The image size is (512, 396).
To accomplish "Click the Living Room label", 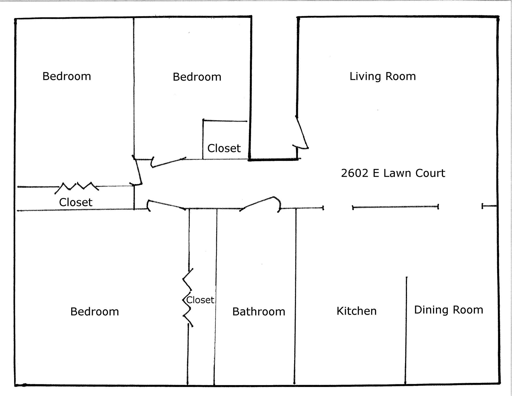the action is point(383,76).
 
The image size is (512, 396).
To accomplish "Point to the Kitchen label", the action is point(357,311).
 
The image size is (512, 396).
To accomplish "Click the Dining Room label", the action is point(449,310).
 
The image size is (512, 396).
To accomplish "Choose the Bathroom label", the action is point(259,311).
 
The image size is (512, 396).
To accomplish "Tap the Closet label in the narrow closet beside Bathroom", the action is point(200,300).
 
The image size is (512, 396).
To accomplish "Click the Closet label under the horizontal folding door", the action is point(76,202).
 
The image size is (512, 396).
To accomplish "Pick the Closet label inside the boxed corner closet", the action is point(224,148).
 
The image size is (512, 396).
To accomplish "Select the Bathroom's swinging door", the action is point(261,204).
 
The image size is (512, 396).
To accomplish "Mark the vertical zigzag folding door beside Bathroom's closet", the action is point(187,298).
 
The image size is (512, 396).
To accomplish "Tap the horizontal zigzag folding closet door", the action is point(77,187).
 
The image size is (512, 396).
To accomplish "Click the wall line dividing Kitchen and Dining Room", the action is point(406,331).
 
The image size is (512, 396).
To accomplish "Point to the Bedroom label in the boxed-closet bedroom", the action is point(197,77).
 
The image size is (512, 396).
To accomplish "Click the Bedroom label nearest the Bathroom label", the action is point(95,312).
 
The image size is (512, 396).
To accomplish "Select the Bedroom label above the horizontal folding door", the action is point(67,76).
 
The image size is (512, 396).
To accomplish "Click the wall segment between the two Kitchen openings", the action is point(395,207).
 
